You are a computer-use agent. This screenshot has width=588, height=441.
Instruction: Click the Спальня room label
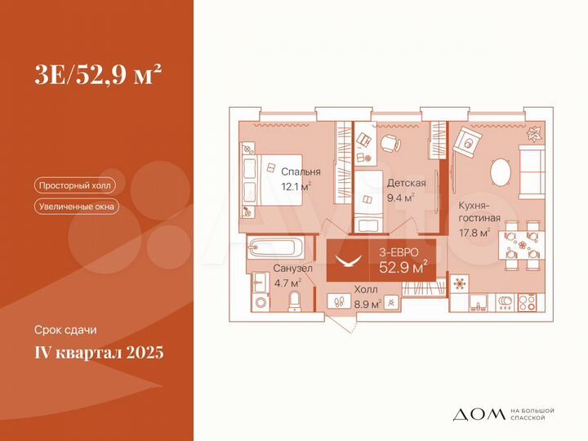click(301, 172)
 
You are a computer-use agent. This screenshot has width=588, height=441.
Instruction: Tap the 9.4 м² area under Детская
click(400, 197)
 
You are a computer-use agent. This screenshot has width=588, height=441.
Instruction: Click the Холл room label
click(365, 288)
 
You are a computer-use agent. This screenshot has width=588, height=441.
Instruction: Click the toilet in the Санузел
click(294, 303)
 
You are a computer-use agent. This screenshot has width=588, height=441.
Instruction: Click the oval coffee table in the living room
click(500, 173)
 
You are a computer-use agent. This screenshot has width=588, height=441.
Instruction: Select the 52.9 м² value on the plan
click(404, 266)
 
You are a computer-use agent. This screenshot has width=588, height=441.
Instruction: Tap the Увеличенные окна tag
click(77, 207)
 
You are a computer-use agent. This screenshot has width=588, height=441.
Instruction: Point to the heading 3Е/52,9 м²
click(97, 74)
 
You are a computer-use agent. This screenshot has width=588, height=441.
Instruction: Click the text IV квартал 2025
click(99, 353)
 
